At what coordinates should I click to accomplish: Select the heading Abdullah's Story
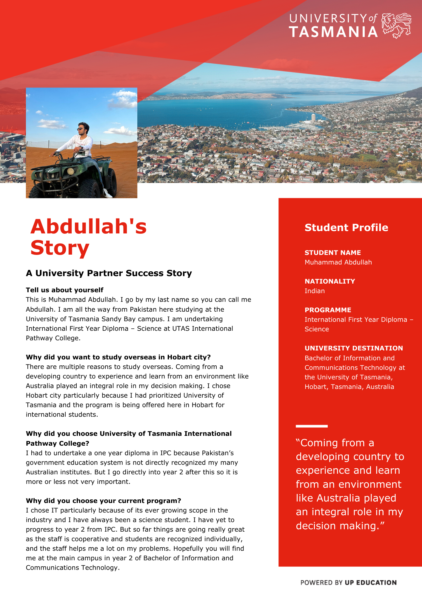tap(88, 237)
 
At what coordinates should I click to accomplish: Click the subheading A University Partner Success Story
tap(109, 273)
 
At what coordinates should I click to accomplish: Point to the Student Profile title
tap(346, 227)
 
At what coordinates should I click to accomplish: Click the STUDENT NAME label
tap(332, 253)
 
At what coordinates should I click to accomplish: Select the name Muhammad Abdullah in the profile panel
tap(338, 262)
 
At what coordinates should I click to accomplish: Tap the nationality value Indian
tap(315, 291)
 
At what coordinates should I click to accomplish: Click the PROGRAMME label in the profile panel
tap(328, 310)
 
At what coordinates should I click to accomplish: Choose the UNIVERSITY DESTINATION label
tap(354, 348)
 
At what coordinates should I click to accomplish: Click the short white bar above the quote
tap(312, 426)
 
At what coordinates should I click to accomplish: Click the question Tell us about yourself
tap(64, 290)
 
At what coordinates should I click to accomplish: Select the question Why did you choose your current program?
tap(103, 501)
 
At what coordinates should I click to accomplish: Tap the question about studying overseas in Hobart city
tap(118, 357)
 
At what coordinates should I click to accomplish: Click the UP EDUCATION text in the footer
tap(371, 582)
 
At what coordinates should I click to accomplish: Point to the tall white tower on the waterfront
tap(313, 117)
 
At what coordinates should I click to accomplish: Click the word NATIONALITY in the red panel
tap(330, 281)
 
